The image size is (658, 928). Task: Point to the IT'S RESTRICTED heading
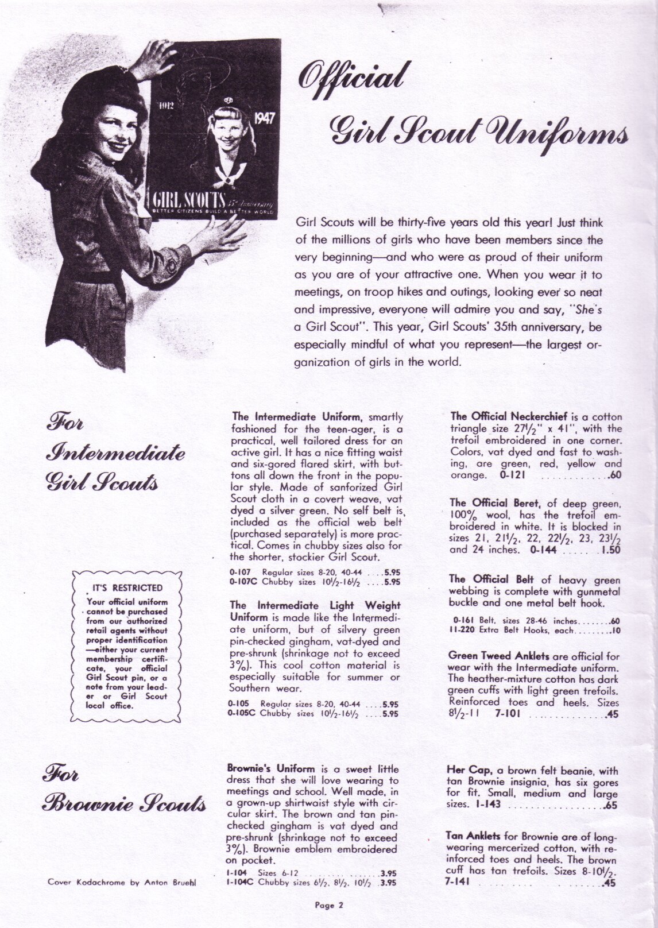[x=127, y=587]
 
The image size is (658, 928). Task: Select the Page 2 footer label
[x=328, y=906]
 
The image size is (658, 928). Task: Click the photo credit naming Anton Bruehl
[x=121, y=883]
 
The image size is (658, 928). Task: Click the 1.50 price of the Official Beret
[x=611, y=550]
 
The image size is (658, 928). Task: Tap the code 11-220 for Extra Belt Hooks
[x=462, y=629]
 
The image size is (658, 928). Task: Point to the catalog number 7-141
[x=458, y=883]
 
